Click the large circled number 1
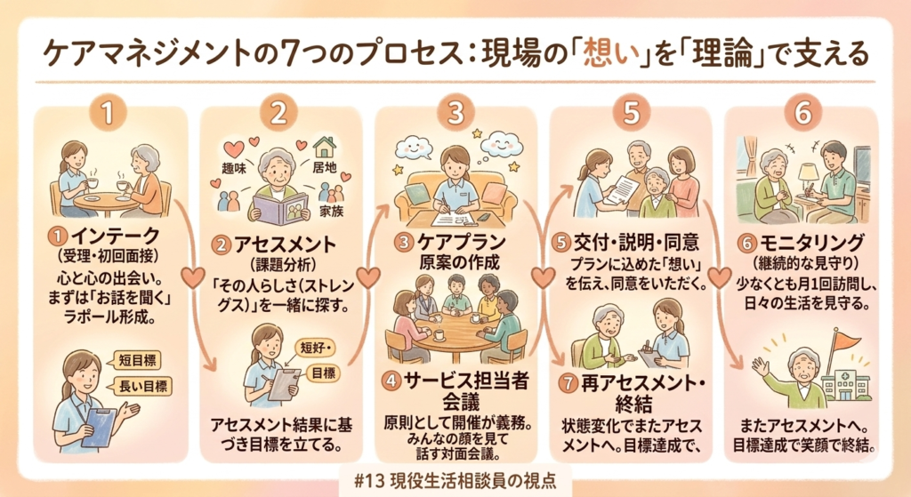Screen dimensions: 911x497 tap(108, 113)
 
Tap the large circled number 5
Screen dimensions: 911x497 tap(631, 113)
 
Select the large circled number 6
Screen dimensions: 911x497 tap(803, 113)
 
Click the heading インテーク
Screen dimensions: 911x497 tap(115, 236)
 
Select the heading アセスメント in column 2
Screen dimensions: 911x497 tap(285, 244)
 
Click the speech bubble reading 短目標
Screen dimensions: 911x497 tap(135, 360)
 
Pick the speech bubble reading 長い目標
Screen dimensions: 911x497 tap(141, 386)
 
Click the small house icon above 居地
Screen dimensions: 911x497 tap(324, 146)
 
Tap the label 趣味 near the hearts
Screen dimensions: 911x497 tap(234, 168)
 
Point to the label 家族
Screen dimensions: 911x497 tap(331, 212)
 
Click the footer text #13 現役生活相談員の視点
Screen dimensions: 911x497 tap(455, 480)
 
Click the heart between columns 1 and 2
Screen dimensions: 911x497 tap(192, 277)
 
